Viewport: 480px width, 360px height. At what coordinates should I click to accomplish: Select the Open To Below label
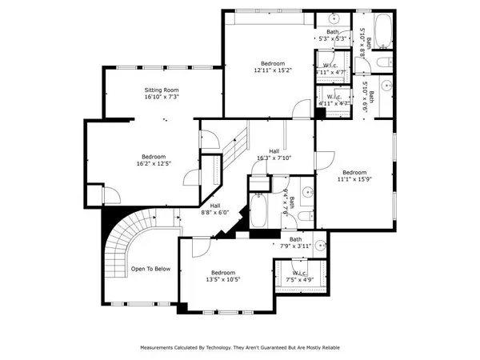pos(150,269)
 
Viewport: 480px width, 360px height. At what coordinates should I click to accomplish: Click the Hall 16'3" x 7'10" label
pos(274,155)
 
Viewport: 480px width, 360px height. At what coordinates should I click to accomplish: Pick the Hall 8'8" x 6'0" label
pos(214,210)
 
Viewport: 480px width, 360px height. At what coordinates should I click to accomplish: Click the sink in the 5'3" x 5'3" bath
pos(334,19)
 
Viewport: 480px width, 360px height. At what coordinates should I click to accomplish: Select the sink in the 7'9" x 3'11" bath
pos(321,246)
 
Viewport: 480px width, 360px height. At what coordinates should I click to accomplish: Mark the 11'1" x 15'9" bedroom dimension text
pos(354,180)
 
